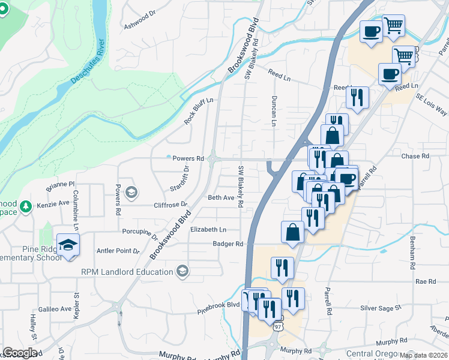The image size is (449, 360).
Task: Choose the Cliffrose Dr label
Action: [x=171, y=204]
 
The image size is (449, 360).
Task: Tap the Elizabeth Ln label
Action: [x=208, y=229]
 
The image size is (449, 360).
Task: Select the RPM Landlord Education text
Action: [x=127, y=272]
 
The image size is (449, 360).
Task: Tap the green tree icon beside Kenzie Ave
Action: [x=25, y=206]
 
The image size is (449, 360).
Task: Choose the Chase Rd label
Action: [x=415, y=156]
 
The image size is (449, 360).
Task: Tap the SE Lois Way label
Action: [x=433, y=106]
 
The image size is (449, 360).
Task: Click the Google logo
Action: [x=19, y=353]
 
